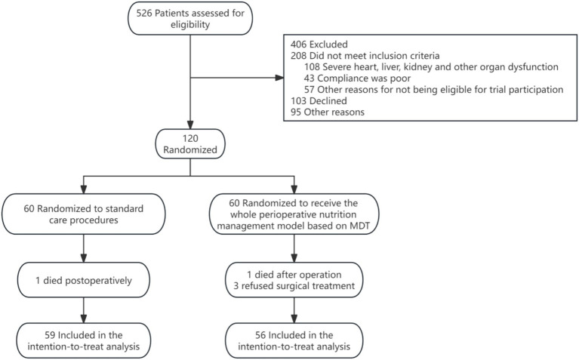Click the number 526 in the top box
click(x=144, y=14)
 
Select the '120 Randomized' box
click(x=190, y=144)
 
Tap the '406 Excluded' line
click(x=319, y=45)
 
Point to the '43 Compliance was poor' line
click(x=357, y=78)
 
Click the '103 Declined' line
click(x=319, y=101)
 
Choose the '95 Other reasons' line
click(x=327, y=112)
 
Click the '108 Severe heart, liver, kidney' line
click(x=431, y=67)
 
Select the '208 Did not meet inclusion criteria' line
click(x=365, y=56)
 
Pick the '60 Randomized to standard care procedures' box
click(x=84, y=214)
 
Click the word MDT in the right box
click(x=359, y=226)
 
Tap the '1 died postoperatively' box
click(x=84, y=280)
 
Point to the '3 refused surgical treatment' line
click(x=294, y=286)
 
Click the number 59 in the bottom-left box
click(x=50, y=335)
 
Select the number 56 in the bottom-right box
click(x=260, y=335)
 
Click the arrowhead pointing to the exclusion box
click(x=279, y=78)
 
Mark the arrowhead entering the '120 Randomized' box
click(x=190, y=125)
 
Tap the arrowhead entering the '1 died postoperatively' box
click(x=84, y=258)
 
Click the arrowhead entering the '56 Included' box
click(x=294, y=318)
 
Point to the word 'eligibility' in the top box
click(x=190, y=25)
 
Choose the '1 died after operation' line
click(x=294, y=274)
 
